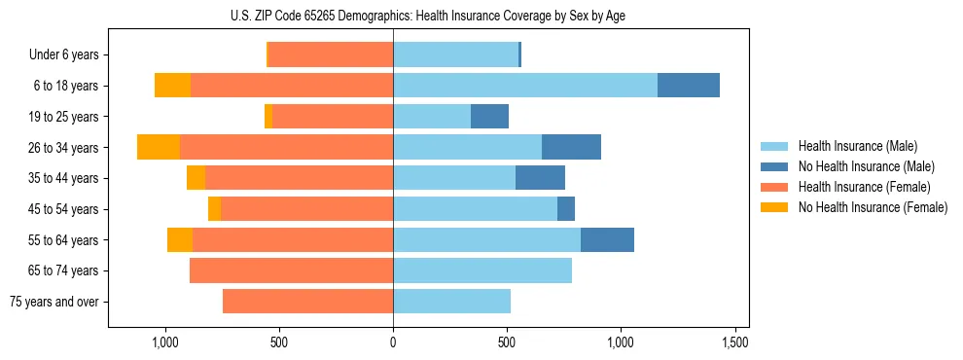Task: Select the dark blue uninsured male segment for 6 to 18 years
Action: [689, 86]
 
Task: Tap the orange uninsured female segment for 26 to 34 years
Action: [159, 147]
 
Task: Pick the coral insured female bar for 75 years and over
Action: [307, 302]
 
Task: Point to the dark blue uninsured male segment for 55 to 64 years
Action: [607, 239]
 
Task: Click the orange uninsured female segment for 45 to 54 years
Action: [214, 209]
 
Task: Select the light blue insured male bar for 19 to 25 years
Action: [432, 117]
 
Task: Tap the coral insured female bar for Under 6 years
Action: [331, 54]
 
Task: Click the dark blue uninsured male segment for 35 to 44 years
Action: [540, 178]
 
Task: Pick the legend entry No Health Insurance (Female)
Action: [873, 207]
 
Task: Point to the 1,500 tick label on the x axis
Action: [735, 342]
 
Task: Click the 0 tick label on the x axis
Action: [393, 342]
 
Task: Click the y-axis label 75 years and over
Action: [53, 302]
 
